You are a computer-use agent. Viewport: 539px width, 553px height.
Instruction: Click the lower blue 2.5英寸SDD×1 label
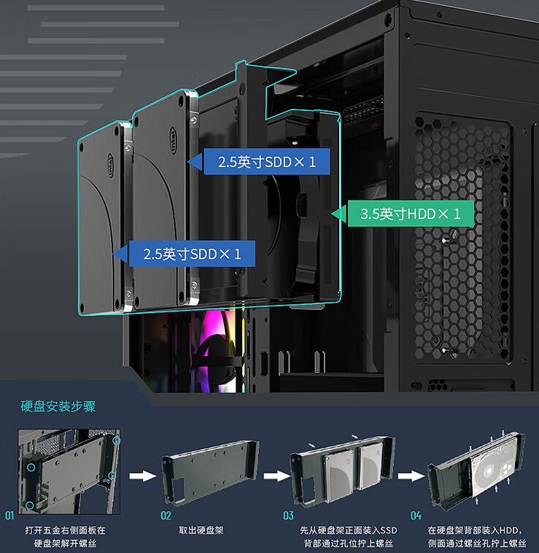[x=191, y=254]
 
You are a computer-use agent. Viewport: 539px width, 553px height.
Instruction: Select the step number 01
[x=9, y=516]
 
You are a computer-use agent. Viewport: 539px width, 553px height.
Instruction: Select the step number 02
[x=166, y=516]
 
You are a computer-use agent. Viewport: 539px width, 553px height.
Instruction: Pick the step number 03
[x=289, y=516]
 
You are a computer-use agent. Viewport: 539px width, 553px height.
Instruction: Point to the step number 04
[x=416, y=516]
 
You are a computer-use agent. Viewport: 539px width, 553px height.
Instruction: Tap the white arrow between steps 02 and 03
[x=277, y=476]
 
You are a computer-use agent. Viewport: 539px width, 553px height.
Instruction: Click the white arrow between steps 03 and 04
[x=411, y=476]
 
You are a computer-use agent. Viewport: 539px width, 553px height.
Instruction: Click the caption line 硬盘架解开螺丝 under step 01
[x=65, y=544]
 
